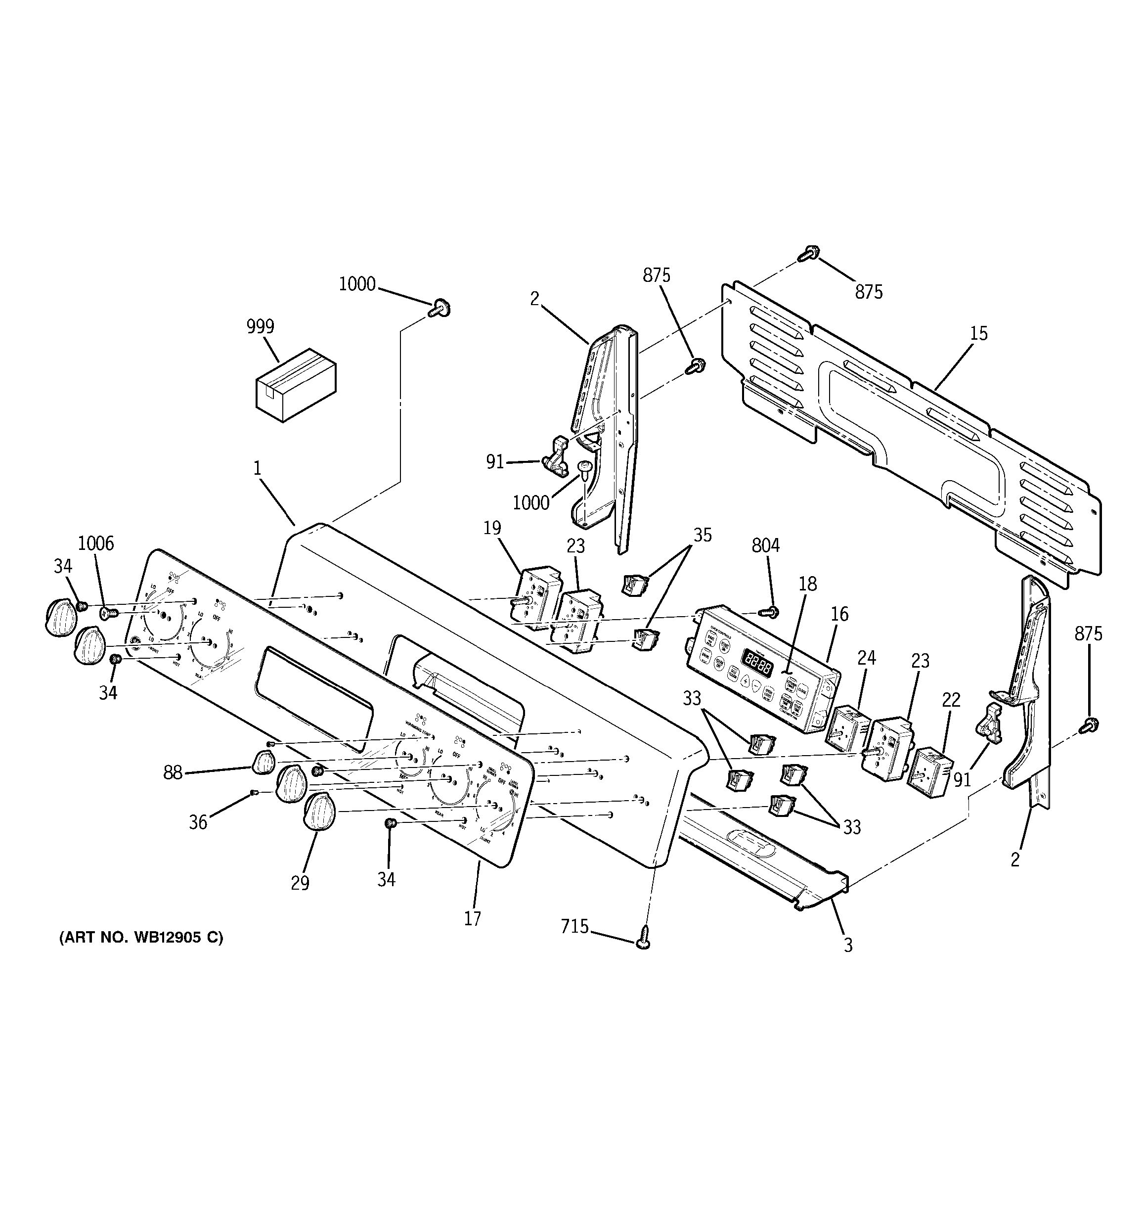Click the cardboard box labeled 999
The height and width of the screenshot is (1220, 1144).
pyautogui.click(x=296, y=385)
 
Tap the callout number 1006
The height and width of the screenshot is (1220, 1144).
pyautogui.click(x=96, y=543)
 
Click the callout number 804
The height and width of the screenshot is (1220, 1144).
pyautogui.click(x=765, y=545)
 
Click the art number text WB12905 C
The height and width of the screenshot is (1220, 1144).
pyautogui.click(x=141, y=938)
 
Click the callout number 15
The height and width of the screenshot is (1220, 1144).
pyautogui.click(x=979, y=333)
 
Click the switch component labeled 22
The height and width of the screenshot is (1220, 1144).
pyautogui.click(x=930, y=772)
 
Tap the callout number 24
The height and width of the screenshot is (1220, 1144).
pyautogui.click(x=866, y=658)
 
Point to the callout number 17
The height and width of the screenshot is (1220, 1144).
pyautogui.click(x=472, y=919)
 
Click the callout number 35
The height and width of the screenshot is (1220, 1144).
pyautogui.click(x=703, y=535)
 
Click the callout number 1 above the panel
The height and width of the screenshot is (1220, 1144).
pyautogui.click(x=258, y=469)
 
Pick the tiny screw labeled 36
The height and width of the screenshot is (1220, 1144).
pyautogui.click(x=253, y=794)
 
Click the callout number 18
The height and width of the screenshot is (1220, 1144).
pyautogui.click(x=808, y=584)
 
